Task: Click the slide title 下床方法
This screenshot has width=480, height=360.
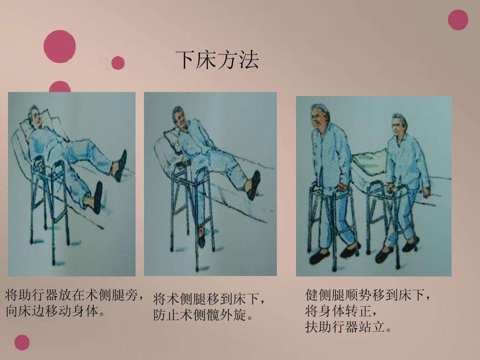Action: point(217,60)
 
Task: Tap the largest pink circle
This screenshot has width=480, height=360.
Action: point(60,47)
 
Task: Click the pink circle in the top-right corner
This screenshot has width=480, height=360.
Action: point(458,20)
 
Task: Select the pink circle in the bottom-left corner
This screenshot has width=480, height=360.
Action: point(22,343)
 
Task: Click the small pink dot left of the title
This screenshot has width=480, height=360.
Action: point(118,63)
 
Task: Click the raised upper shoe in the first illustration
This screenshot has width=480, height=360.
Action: point(121,166)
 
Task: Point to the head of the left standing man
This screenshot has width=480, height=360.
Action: point(320,114)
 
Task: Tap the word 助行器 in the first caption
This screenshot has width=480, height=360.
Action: point(38,295)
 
